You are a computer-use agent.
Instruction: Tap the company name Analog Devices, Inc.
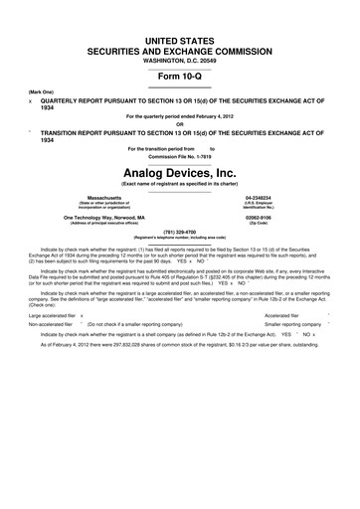(179, 172)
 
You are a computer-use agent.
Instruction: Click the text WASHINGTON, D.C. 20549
(179, 59)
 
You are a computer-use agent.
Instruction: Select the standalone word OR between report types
(179, 124)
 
